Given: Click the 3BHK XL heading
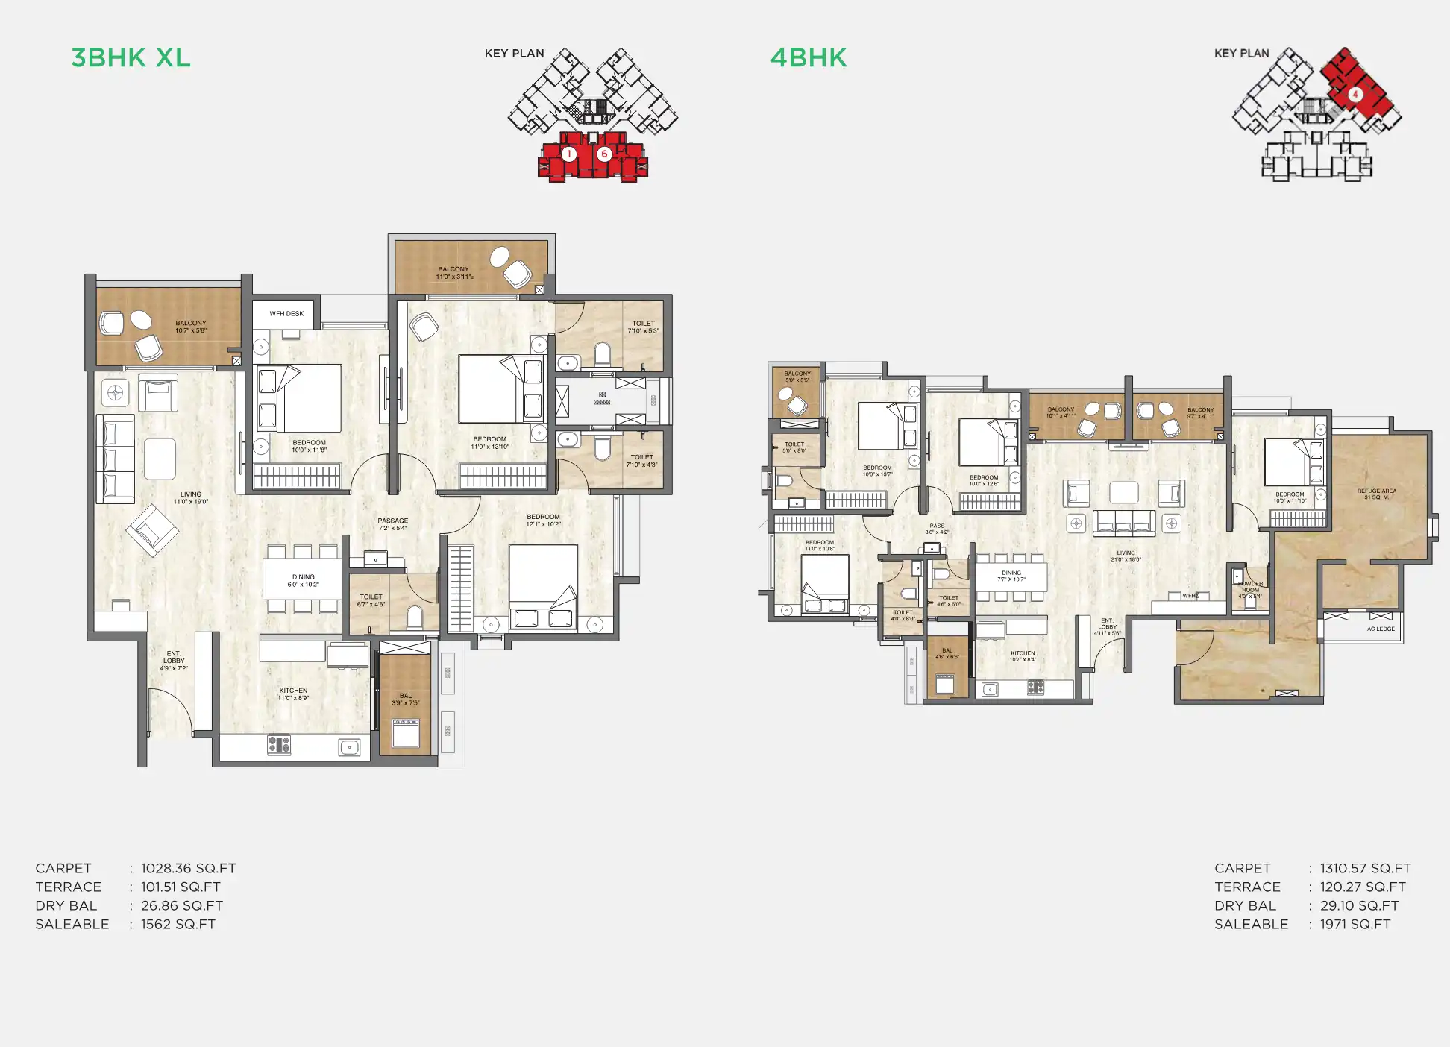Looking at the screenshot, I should [x=131, y=57].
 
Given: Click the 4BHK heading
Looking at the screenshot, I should [x=809, y=57].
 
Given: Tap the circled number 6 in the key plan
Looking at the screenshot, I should [x=604, y=154].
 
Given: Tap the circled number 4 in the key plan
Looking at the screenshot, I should [x=1355, y=95].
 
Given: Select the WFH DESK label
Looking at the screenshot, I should [x=286, y=314].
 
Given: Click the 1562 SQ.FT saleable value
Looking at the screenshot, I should [x=178, y=924].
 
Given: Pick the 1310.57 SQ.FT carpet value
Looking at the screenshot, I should [x=1365, y=868].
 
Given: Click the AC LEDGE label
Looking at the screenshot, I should [x=1381, y=629].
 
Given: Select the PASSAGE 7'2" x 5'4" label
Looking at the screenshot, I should [x=392, y=524].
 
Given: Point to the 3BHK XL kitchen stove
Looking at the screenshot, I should [x=279, y=743].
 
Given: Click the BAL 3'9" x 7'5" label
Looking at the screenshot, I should [x=406, y=699].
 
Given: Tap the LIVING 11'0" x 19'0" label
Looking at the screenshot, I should [x=191, y=497].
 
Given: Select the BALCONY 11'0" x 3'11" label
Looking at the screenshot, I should [x=454, y=273].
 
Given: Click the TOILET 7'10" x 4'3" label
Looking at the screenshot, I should [x=641, y=461].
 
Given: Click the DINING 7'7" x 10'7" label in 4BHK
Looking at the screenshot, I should [x=1011, y=576].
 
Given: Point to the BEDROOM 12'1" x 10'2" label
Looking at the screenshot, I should [x=543, y=520].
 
